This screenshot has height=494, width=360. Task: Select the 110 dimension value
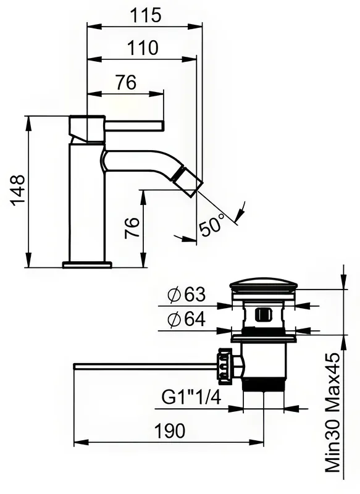[143, 48]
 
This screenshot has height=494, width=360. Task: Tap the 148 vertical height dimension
[18, 190]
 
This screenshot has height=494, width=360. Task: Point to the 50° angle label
[212, 225]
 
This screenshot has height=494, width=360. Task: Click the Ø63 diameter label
[186, 295]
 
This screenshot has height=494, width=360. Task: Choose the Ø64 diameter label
[186, 319]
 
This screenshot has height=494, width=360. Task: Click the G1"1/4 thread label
[191, 397]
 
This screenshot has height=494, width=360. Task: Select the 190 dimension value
[170, 430]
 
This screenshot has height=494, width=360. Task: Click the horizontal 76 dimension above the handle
[126, 83]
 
